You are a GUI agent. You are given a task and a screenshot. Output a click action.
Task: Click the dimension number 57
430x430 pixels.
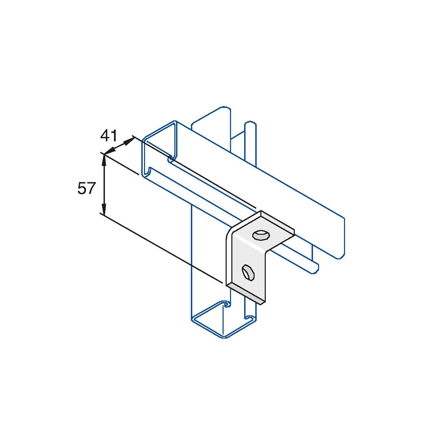coord(86,188)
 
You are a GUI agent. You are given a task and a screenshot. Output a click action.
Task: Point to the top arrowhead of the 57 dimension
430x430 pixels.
coord(104,159)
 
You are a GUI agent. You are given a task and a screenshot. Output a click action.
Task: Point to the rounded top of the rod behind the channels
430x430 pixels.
coord(250,126)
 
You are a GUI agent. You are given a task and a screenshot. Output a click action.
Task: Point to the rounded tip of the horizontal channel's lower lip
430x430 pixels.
coord(315,267)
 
